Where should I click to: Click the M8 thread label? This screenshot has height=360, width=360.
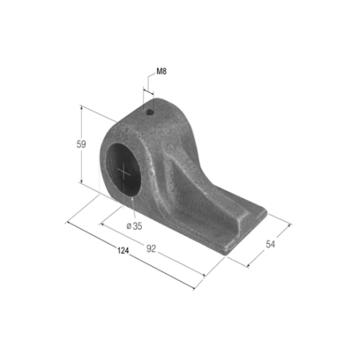(x=161, y=71)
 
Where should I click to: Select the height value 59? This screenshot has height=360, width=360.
(x=80, y=146)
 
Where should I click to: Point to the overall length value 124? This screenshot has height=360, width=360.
(x=122, y=249)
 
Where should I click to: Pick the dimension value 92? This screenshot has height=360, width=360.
(x=151, y=248)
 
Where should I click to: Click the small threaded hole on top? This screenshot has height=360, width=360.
(x=149, y=112)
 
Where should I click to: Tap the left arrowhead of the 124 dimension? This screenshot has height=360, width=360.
(x=69, y=222)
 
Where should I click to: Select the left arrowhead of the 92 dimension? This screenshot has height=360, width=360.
(x=101, y=225)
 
